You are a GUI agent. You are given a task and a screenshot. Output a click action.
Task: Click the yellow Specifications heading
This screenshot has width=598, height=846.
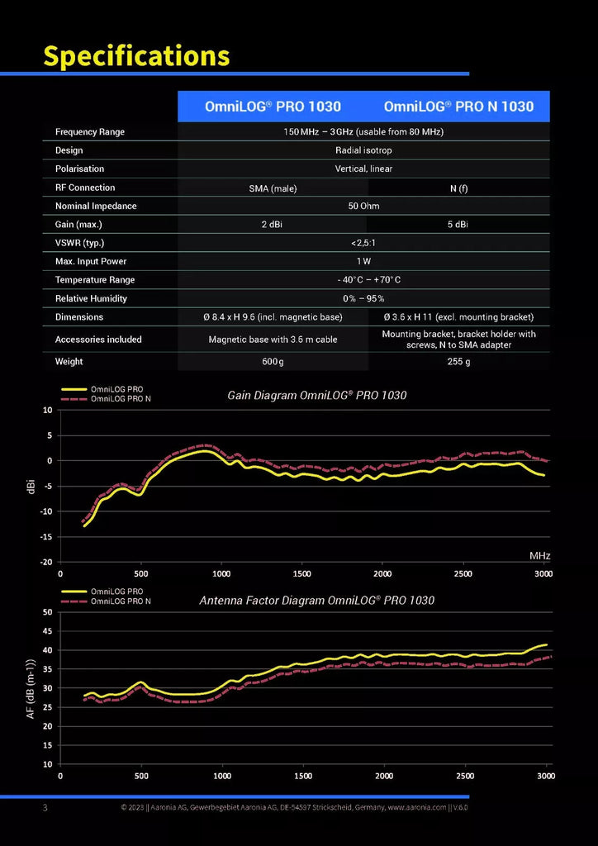[136, 55]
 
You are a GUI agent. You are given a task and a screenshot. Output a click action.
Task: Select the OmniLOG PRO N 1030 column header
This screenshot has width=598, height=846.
[459, 107]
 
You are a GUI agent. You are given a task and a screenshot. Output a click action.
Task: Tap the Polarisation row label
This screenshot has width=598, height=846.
[80, 169]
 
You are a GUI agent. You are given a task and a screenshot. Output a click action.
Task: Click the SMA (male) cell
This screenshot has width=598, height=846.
[273, 188]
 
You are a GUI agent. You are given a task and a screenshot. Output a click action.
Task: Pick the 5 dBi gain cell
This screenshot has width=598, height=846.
[458, 225]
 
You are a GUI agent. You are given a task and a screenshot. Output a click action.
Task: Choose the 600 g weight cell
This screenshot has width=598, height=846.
[273, 362]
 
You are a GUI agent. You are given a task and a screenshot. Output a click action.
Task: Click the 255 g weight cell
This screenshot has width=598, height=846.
[458, 362]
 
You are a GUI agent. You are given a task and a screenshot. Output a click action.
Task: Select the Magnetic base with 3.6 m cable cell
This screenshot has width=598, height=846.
[273, 340]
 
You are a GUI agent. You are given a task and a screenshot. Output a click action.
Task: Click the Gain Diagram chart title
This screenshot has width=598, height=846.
[317, 396]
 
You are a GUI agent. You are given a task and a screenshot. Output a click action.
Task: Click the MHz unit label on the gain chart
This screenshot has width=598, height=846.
[539, 555]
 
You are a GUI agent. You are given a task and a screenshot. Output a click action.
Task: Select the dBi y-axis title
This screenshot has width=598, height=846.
[32, 486]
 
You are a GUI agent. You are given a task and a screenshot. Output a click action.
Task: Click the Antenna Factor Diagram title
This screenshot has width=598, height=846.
[317, 600]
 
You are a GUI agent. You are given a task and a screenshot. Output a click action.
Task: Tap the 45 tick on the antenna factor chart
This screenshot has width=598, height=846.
[47, 631]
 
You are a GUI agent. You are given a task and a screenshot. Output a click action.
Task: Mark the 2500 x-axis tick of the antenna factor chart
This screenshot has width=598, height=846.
[465, 776]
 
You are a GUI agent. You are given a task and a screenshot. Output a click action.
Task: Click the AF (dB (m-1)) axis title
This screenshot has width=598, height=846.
[31, 688]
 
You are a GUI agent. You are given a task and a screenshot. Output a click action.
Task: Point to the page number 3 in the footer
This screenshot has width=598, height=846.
[45, 808]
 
